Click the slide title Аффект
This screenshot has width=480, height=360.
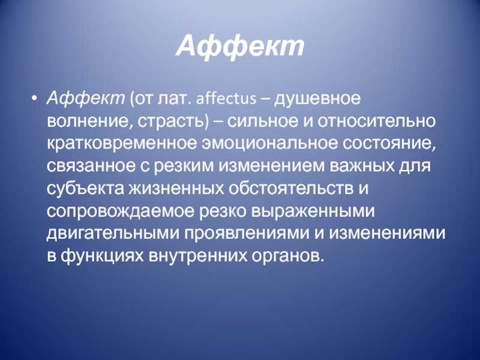pyautogui.click(x=241, y=47)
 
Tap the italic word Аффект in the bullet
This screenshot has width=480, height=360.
pyautogui.click(x=86, y=99)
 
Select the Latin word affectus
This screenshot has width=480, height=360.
pyautogui.click(x=226, y=99)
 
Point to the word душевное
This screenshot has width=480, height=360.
pyautogui.click(x=317, y=100)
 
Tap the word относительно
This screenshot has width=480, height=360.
pyautogui.click(x=376, y=121)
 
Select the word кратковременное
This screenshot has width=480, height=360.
pyautogui.click(x=122, y=145)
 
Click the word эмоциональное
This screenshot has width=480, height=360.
pyautogui.click(x=269, y=143)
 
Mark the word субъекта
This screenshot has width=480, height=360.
pyautogui.click(x=85, y=189)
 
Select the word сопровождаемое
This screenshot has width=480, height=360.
pyautogui.click(x=121, y=212)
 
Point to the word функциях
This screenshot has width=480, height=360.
pyautogui.click(x=101, y=257)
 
